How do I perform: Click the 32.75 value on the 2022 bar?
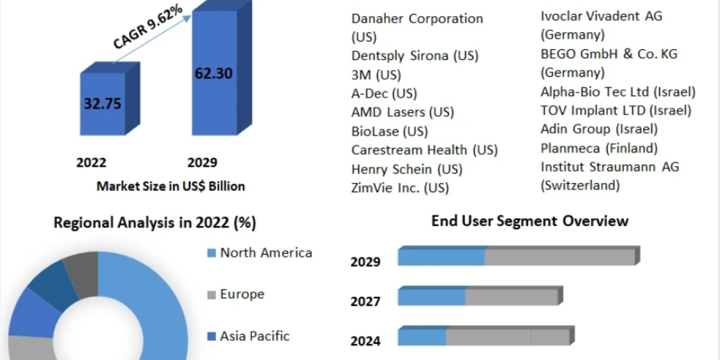pos(103,103)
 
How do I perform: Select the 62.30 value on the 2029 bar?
pos(214,74)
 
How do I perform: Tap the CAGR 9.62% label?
pos(148,28)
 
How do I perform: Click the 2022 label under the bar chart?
pos(91,163)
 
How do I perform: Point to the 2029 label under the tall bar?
pos(202,163)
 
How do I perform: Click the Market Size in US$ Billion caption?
pos(171,186)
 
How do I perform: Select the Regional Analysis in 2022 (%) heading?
pos(155,223)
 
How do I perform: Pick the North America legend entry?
pos(265,253)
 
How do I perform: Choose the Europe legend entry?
pos(241,294)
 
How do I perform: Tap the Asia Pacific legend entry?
pos(254,335)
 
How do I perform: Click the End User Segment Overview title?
pos(530,221)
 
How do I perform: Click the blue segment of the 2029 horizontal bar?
pos(441,257)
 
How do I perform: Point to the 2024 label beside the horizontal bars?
pos(365,341)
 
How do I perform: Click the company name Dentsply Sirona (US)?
pos(415,56)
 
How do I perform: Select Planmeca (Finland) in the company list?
pos(599,148)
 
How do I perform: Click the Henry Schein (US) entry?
pos(407,169)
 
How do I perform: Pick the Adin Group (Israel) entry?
pos(599,129)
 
